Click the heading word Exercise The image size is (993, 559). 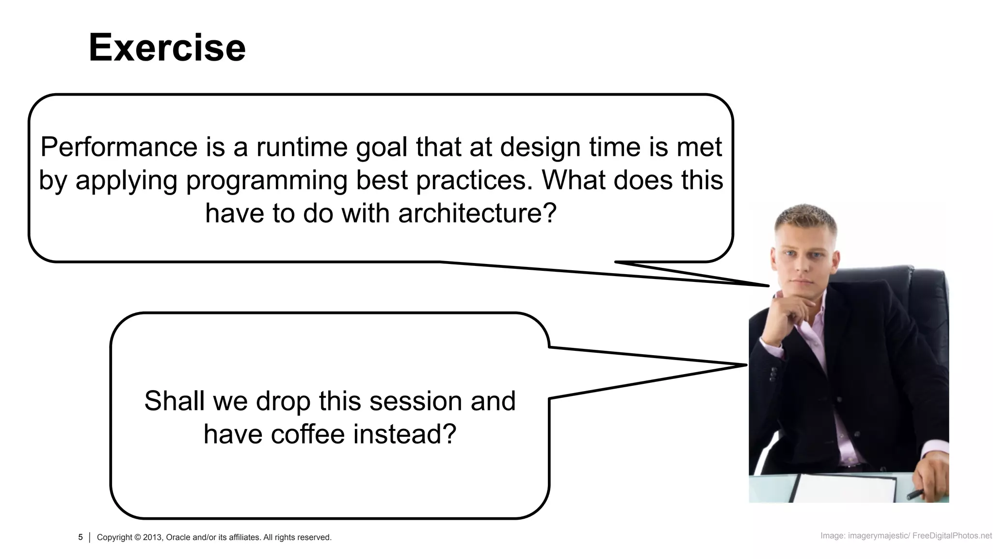pos(167,48)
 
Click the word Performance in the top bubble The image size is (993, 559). pos(119,147)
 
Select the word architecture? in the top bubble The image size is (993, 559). pos(477,214)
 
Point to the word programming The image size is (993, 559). pos(266,181)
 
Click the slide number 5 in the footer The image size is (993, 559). pos(80,537)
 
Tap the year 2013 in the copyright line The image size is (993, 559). pos(152,538)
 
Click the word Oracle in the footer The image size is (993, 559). pos(178,538)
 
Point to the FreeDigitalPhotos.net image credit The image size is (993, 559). pos(952,536)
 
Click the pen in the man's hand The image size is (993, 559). pos(916,494)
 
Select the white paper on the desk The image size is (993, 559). pos(844,488)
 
